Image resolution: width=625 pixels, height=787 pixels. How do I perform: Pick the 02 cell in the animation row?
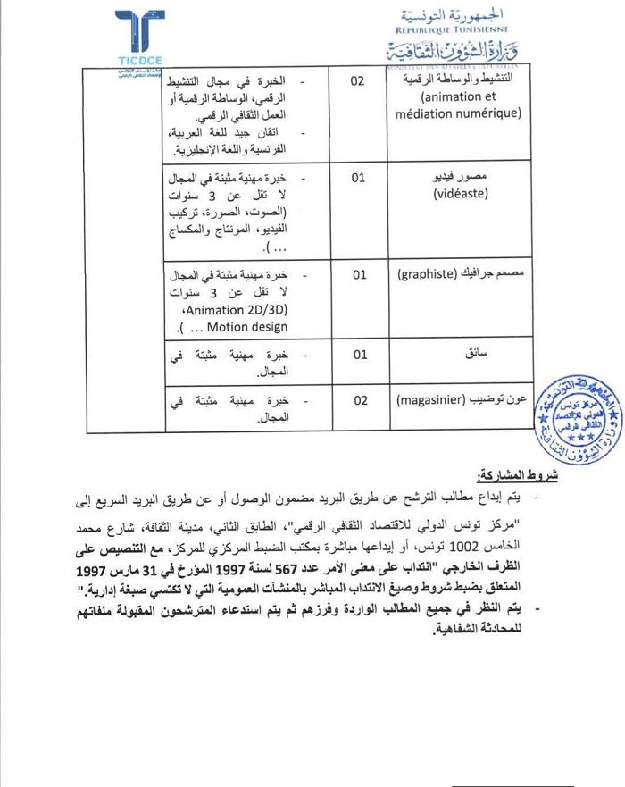click(x=358, y=81)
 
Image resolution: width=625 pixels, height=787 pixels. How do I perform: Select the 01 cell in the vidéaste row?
click(x=358, y=178)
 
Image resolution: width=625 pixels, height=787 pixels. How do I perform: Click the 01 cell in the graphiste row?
click(x=358, y=275)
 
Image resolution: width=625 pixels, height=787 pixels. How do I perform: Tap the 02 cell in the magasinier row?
click(x=358, y=401)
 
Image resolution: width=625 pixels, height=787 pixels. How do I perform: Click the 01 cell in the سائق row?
click(x=358, y=355)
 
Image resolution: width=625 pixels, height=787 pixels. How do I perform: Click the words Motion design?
click(x=235, y=327)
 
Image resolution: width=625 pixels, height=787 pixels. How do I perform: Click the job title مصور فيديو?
click(x=492, y=177)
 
